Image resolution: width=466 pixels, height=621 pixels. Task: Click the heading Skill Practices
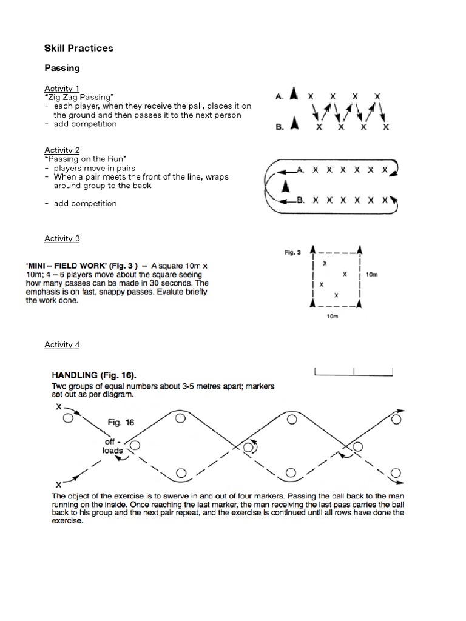click(x=79, y=48)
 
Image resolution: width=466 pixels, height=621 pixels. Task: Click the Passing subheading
click(x=62, y=69)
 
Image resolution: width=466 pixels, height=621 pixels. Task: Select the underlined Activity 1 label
click(x=62, y=89)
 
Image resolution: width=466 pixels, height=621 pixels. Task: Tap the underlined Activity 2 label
click(x=62, y=150)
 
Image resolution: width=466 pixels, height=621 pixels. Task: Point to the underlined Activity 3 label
click(x=62, y=238)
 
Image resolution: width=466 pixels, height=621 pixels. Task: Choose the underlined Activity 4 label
click(x=62, y=345)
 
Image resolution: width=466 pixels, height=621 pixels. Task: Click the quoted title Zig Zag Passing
click(x=79, y=97)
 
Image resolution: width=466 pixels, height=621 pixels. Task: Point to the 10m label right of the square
click(x=371, y=274)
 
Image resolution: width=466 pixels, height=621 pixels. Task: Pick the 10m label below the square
click(x=332, y=317)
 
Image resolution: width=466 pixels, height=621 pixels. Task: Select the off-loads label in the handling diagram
click(x=113, y=446)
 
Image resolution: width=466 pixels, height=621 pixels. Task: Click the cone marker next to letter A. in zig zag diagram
click(x=294, y=95)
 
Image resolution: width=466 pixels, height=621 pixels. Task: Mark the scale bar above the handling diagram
click(x=354, y=371)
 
